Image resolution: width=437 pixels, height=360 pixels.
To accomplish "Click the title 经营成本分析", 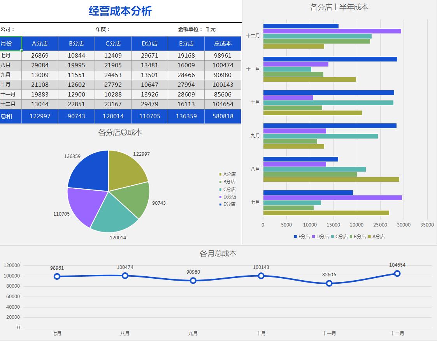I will [120, 11].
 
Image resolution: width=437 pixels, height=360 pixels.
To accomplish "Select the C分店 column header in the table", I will [113, 44].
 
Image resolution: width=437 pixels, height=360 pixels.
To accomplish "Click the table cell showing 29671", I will [149, 56].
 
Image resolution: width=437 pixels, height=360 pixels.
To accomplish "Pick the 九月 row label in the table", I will [6, 75].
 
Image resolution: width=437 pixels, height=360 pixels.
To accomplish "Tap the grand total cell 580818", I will [223, 116].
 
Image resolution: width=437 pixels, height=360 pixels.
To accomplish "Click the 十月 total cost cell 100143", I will [223, 84].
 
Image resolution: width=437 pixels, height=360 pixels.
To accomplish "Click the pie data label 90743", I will [159, 203].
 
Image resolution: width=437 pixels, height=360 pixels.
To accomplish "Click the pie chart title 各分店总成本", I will [120, 133].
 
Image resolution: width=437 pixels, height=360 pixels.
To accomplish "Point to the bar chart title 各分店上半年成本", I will [339, 7].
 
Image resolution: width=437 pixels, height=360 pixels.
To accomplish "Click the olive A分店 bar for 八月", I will [331, 179].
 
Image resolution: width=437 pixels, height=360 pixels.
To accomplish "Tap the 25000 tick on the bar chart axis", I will [380, 225].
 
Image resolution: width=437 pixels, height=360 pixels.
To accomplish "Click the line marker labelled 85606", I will [329, 283].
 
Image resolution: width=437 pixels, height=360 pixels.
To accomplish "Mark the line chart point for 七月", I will [57, 276].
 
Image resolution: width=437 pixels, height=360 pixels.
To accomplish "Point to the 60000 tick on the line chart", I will [12, 297].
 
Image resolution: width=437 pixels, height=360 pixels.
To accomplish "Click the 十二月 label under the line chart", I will [397, 334].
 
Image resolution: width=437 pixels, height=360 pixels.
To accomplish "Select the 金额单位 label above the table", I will [190, 30].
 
